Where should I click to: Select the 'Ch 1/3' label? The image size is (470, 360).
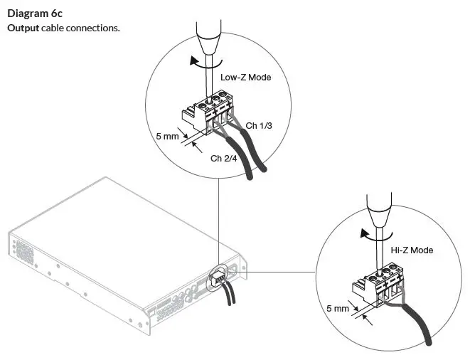coord(259,126)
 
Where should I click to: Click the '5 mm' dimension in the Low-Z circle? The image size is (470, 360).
coord(168,134)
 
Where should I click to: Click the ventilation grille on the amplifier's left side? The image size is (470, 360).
coord(23,251)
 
